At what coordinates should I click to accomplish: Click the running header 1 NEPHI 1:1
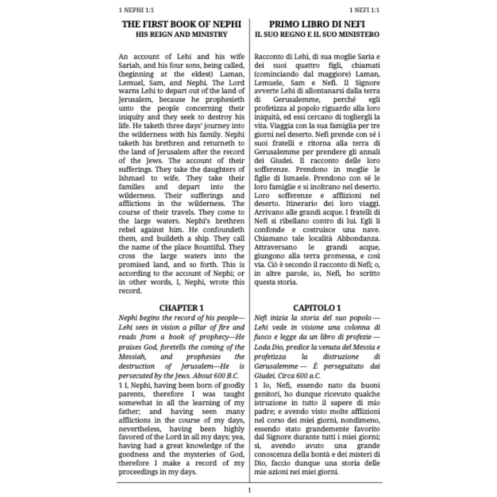pos(136,10)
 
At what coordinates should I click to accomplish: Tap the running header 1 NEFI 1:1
pos(364,10)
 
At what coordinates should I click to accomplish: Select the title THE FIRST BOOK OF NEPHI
pos(181,24)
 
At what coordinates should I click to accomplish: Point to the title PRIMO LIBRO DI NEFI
pos(317,24)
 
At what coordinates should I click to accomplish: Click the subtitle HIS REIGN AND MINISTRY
pos(181,34)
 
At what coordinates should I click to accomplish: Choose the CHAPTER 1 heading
pos(181,308)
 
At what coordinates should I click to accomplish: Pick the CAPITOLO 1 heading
pos(317,308)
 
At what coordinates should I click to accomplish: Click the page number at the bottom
pos(249,490)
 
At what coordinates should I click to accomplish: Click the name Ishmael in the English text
pos(132,178)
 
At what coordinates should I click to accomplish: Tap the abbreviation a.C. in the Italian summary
pos(314,376)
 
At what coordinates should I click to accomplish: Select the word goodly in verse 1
pos(234,385)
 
